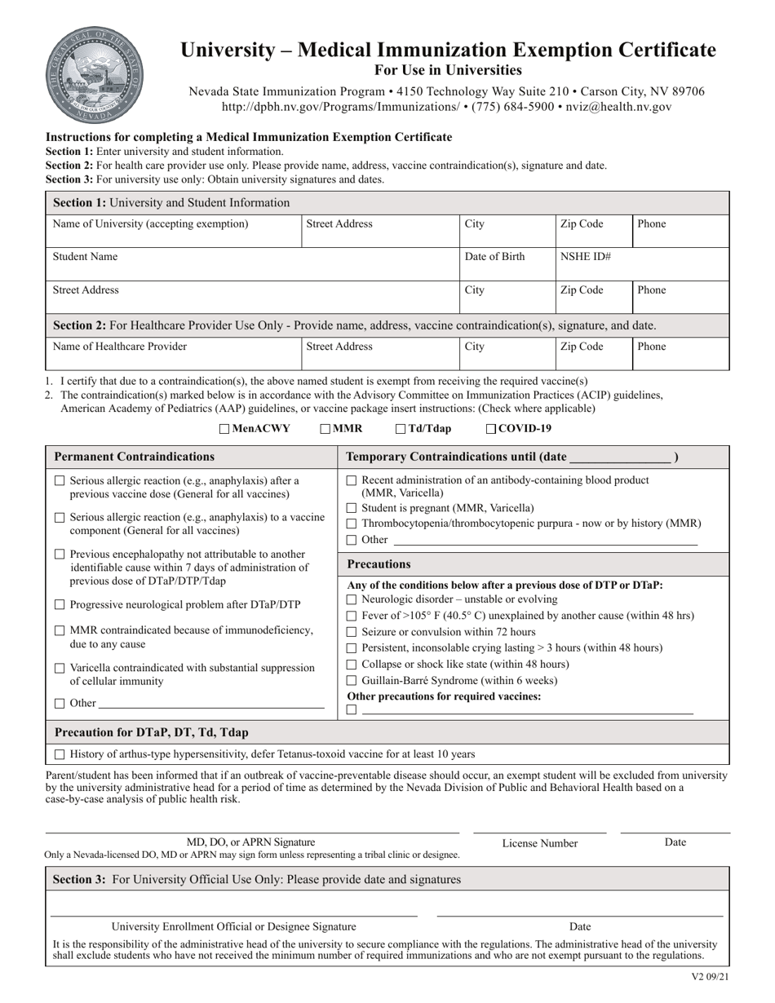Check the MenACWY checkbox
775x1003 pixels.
pos(224,429)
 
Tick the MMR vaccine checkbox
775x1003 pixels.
pos(325,429)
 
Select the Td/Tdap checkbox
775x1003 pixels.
pos(401,429)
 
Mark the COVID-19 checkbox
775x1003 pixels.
pos(491,429)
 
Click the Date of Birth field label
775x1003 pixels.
pos(494,257)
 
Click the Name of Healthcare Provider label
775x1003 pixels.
pos(120,347)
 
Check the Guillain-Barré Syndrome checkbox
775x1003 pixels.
pos(352,681)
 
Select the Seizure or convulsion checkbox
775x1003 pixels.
pos(352,632)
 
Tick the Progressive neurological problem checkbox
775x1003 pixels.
pos(60,605)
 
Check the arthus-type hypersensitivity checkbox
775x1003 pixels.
pos(60,755)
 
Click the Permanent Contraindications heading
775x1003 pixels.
pos(135,457)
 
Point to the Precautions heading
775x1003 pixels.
pos(379,564)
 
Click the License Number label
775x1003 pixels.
pos(539,843)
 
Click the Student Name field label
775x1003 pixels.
pos(85,257)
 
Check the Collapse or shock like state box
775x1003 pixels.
pos(352,665)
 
